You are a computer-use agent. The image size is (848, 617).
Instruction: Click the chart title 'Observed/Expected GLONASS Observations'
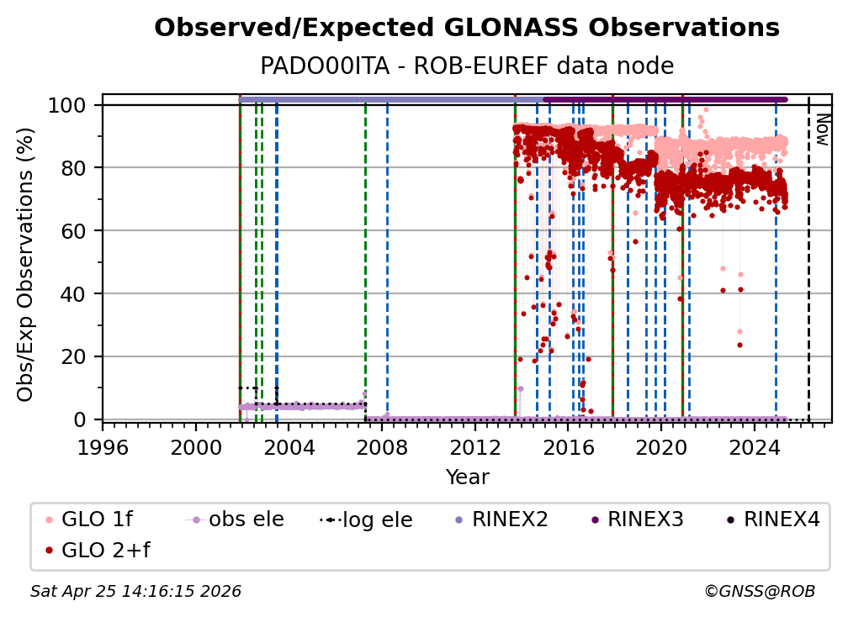[467, 28]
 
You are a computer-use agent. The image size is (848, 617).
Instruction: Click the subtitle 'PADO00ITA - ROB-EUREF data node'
[467, 66]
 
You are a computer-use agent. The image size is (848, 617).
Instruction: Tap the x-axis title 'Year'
[467, 477]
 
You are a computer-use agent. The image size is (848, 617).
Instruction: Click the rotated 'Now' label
[822, 131]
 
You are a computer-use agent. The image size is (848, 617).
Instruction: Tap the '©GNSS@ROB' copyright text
[759, 592]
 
